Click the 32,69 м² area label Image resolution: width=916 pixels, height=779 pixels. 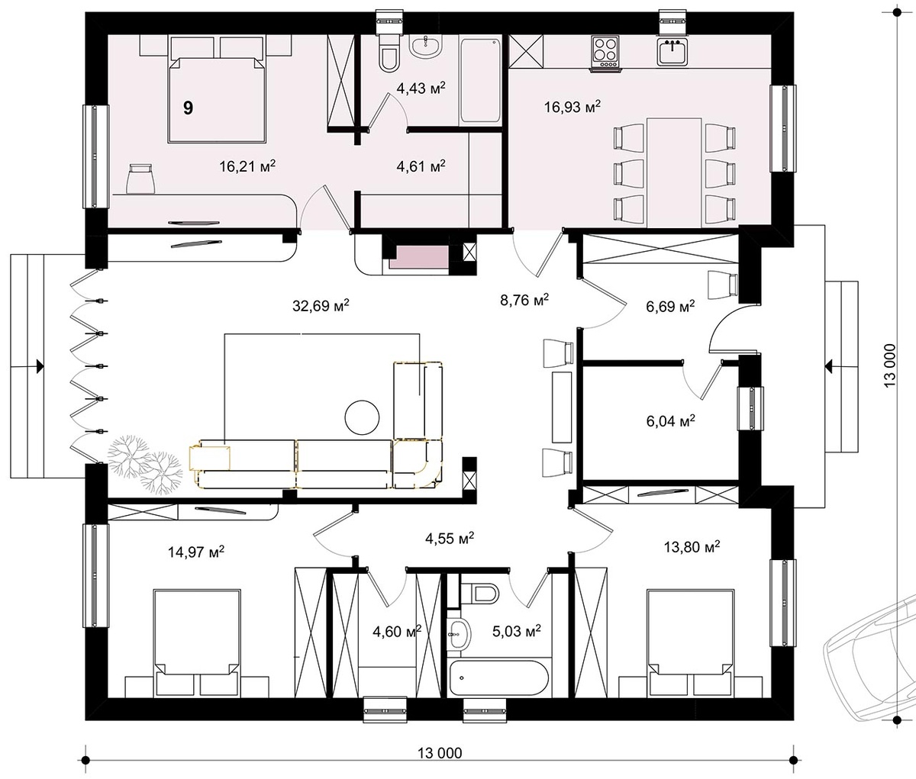321,306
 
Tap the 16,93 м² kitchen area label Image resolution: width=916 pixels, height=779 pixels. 572,107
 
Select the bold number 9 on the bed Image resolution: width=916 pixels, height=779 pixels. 189,108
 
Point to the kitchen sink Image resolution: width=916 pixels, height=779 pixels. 672,52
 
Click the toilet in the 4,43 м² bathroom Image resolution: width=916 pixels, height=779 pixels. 389,53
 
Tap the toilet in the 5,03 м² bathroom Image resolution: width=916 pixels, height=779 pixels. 480,593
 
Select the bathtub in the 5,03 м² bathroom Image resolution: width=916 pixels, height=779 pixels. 498,679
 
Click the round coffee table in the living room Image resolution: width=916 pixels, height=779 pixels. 363,417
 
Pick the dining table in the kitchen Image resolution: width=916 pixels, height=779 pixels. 674,172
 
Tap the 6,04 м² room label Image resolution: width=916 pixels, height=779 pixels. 670,420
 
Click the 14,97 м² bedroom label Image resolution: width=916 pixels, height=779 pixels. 196,552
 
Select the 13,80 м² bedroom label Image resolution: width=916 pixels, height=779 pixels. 692,547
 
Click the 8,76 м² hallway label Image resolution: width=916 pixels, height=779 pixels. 524,301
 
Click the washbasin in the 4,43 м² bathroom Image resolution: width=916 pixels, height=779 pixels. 425,48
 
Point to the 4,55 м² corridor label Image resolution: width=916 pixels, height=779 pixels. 450,539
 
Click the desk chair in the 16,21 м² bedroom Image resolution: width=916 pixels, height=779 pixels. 140,178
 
